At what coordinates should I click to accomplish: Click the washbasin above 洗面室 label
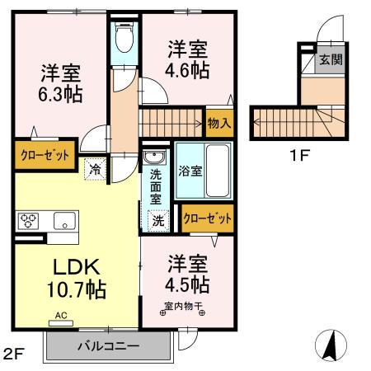(153, 157)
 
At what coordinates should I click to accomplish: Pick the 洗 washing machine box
(157, 220)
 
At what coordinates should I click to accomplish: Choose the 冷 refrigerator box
(96, 169)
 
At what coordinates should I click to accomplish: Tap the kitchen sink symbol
(64, 220)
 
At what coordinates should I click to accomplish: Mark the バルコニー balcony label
(110, 345)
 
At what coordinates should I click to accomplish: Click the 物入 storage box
(218, 124)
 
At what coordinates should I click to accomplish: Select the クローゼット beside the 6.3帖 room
(44, 154)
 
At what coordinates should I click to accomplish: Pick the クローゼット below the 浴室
(207, 218)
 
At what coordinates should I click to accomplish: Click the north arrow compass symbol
(329, 345)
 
